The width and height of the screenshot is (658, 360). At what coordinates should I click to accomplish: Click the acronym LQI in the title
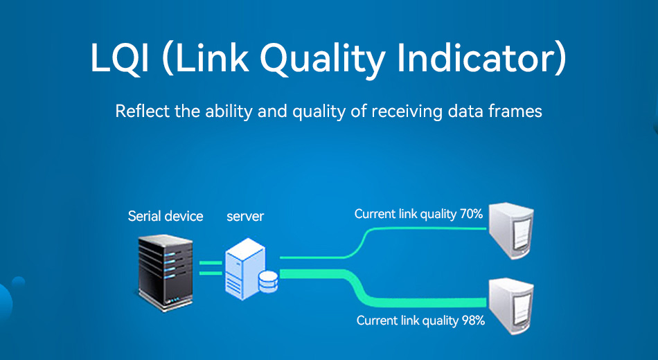pyautogui.click(x=120, y=58)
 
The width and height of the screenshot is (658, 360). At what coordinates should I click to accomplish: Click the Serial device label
pyautogui.click(x=166, y=216)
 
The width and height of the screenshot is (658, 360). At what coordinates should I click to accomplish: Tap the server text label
pyautogui.click(x=245, y=217)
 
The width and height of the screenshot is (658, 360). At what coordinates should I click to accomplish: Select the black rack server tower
pyautogui.click(x=166, y=273)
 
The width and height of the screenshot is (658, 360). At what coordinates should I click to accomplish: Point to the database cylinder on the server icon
pyautogui.click(x=269, y=282)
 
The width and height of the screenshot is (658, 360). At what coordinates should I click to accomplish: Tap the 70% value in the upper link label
pyautogui.click(x=471, y=214)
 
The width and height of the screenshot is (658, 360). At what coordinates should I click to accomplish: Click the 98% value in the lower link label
pyautogui.click(x=473, y=321)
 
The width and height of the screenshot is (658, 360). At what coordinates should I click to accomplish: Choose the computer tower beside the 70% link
pyautogui.click(x=511, y=231)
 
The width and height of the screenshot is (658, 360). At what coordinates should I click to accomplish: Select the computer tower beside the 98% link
pyautogui.click(x=511, y=306)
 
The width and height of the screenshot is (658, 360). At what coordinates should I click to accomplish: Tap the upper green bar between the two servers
pyautogui.click(x=211, y=263)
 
